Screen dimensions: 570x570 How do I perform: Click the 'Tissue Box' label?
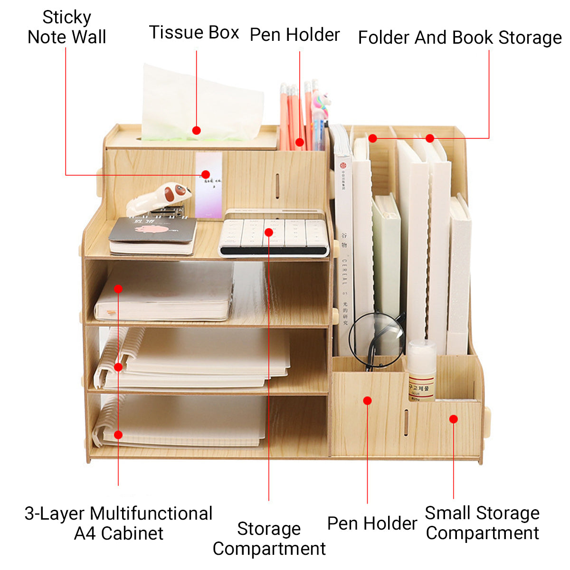pyautogui.click(x=194, y=33)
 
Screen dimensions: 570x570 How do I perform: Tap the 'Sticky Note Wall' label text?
pyautogui.click(x=66, y=28)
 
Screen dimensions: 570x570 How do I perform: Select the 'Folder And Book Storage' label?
pyautogui.click(x=459, y=38)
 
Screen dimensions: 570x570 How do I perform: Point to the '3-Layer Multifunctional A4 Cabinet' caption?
pyautogui.click(x=118, y=523)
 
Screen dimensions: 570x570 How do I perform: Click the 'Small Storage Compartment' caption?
pyautogui.click(x=482, y=523)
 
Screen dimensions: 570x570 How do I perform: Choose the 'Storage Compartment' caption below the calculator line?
pyautogui.click(x=269, y=538)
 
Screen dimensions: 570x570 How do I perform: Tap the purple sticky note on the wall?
pyautogui.click(x=209, y=185)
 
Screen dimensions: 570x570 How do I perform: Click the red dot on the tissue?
pyautogui.click(x=196, y=130)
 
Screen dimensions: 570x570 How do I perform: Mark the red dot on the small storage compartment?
pyautogui.click(x=453, y=419)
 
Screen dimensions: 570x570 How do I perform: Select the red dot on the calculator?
pyautogui.click(x=269, y=232)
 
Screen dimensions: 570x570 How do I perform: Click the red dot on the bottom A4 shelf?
pyautogui.click(x=118, y=434)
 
